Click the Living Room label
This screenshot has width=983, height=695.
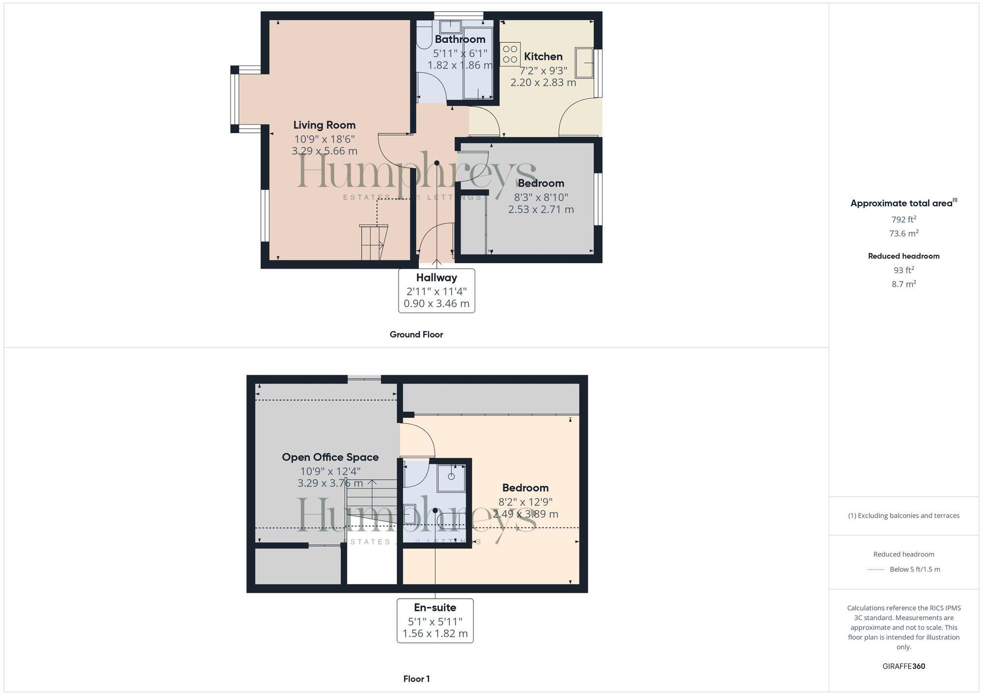[324, 125]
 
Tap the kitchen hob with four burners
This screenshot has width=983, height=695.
[510, 54]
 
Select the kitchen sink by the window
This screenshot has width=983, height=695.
[584, 62]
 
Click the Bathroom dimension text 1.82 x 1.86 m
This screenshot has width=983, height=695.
[460, 65]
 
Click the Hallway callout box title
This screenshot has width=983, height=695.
[436, 278]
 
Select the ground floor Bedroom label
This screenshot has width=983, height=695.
[541, 183]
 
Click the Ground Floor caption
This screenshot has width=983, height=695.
[416, 334]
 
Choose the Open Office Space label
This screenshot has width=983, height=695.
[330, 457]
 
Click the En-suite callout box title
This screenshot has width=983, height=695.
[435, 608]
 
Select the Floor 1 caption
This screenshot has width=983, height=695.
[416, 679]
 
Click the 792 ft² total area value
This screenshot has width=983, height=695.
[903, 220]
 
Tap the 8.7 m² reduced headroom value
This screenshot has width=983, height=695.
[903, 284]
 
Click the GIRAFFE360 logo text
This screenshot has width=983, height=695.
[903, 667]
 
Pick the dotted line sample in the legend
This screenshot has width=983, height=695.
[876, 570]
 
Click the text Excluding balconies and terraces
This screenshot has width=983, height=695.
[908, 516]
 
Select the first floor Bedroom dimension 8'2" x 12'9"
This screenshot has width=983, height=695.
[525, 502]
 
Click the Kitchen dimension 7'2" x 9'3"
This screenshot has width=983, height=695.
[543, 71]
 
